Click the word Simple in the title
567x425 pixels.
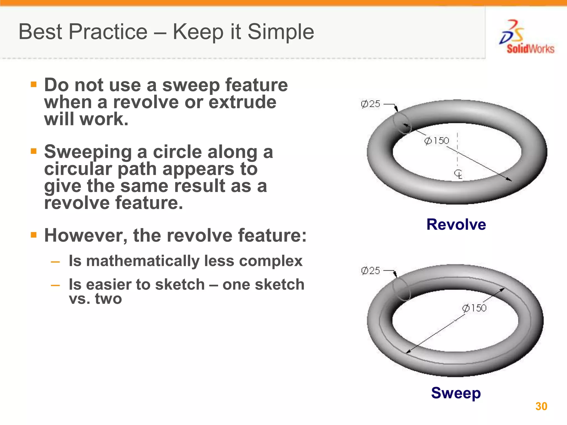coord(281,32)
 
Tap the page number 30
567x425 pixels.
coord(541,406)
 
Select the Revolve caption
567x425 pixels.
coord(456,224)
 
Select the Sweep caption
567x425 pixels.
coord(456,393)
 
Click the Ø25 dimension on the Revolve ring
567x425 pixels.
coord(370,104)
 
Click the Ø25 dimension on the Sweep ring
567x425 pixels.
coord(370,271)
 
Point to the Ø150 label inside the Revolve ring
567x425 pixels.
coord(437,141)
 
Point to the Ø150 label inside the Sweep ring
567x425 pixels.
coord(474,308)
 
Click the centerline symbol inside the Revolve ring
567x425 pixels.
coord(458,174)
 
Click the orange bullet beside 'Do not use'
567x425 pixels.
coord(34,84)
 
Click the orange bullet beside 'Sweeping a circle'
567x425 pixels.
coord(34,151)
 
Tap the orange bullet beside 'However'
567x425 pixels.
coord(34,235)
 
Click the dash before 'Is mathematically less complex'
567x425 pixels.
coord(55,262)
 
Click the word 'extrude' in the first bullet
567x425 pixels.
coord(242,102)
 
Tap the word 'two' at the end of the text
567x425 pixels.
coord(108,299)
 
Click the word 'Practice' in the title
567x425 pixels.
coord(108,32)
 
